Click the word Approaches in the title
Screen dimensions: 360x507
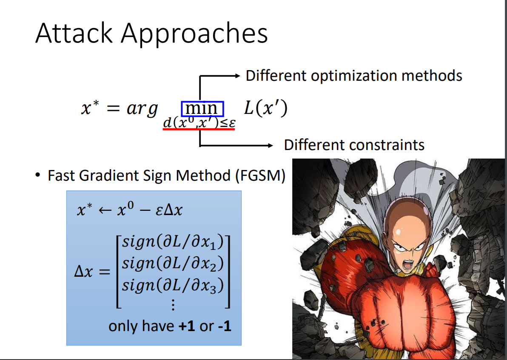coord(194,34)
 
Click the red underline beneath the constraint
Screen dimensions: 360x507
coord(199,129)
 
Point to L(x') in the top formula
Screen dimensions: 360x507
coord(266,108)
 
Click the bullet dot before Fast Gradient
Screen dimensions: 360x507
coord(39,175)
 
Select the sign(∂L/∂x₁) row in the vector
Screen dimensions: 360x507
coord(172,242)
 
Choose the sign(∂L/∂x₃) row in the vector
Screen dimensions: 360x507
coord(172,285)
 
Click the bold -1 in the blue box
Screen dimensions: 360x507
coord(224,326)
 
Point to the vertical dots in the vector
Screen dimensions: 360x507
coord(173,305)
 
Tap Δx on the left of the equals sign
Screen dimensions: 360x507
coord(83,272)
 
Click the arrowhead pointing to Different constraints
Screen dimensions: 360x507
coord(269,146)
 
